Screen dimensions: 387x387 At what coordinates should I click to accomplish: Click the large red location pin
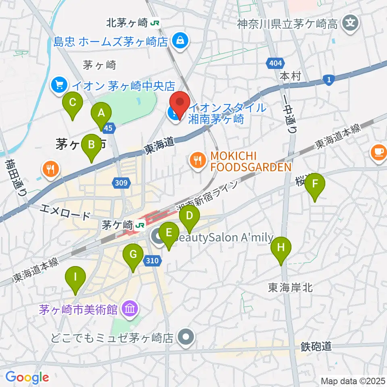pyautogui.click(x=180, y=104)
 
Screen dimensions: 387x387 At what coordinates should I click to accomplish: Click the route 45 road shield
pyautogui.click(x=108, y=128)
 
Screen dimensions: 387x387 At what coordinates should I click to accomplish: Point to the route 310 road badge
pyautogui.click(x=152, y=261)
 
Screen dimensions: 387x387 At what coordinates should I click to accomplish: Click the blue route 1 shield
pyautogui.click(x=329, y=81)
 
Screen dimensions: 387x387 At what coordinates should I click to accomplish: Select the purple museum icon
pyautogui.click(x=131, y=310)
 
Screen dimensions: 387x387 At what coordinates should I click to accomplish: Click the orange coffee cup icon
pyautogui.click(x=379, y=152)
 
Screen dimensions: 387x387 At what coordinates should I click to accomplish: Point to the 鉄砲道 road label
pyautogui.click(x=316, y=346)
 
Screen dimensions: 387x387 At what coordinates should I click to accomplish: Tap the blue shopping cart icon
pyautogui.click(x=60, y=85)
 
